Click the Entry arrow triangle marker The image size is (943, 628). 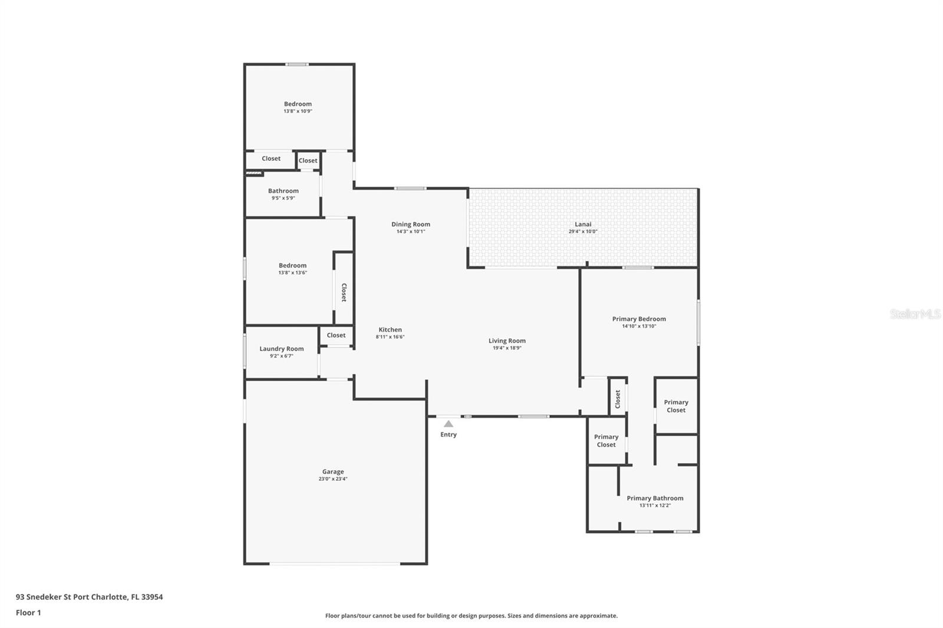coord(449,424)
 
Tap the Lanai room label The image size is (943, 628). coord(583,224)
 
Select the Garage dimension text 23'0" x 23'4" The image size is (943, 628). coord(333,479)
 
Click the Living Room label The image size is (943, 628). coord(507,341)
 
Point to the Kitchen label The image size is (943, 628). coord(390,330)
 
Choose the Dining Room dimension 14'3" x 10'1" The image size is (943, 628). coord(411,232)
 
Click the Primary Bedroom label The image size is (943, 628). coord(639,319)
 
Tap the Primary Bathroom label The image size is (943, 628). coord(655,498)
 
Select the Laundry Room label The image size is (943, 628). coord(282,349)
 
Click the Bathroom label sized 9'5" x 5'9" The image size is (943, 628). coord(283,191)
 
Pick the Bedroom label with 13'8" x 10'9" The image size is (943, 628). coord(298,104)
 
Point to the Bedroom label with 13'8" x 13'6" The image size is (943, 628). coord(292,266)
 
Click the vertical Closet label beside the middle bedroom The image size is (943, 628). coord(344,292)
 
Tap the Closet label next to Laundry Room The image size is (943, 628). coord(336,335)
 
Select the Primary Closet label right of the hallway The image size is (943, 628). coord(676,406)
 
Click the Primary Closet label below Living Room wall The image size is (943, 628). coord(606,441)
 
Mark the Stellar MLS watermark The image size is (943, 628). coord(915,314)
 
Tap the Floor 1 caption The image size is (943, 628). coord(28,613)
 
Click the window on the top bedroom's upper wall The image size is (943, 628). coord(297,64)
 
